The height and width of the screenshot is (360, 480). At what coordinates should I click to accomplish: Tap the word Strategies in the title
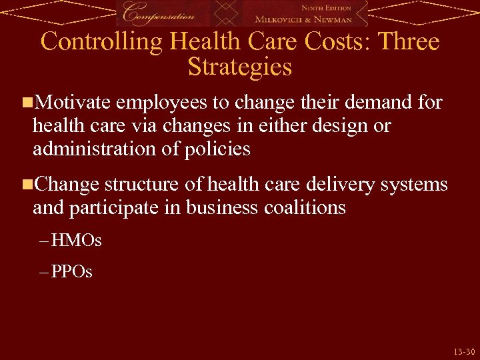[x=240, y=67]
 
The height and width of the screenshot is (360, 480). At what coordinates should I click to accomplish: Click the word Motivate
[x=73, y=102]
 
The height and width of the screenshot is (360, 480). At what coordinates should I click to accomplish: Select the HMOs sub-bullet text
[x=76, y=240]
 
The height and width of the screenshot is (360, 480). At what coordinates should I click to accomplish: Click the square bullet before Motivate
[x=26, y=103]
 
